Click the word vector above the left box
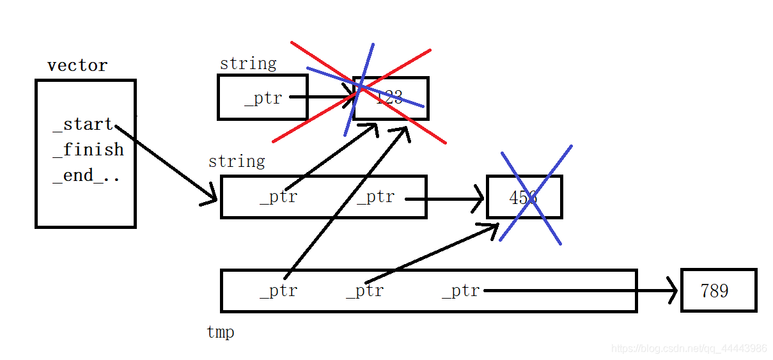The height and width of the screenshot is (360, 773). (77, 65)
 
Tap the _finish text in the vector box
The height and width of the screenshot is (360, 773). (88, 150)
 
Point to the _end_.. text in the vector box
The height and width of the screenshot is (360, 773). (86, 175)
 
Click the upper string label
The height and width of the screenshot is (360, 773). (248, 63)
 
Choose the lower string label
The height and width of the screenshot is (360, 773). (237, 161)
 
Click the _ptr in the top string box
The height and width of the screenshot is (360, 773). (263, 98)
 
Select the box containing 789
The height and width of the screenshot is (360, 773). (719, 290)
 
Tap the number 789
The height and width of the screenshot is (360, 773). (714, 291)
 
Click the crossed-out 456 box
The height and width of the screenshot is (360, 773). (524, 197)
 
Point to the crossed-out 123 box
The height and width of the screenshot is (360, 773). (391, 98)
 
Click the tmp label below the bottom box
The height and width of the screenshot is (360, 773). (221, 333)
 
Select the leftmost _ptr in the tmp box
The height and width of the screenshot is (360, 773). (279, 291)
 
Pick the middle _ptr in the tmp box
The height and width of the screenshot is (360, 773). (365, 291)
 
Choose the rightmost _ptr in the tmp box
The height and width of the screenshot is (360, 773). (461, 291)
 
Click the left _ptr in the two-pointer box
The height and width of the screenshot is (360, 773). (279, 197)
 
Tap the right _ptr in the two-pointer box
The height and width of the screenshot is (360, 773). (376, 197)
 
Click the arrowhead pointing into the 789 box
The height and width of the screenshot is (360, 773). (673, 292)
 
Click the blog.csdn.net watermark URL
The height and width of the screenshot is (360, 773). (689, 348)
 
